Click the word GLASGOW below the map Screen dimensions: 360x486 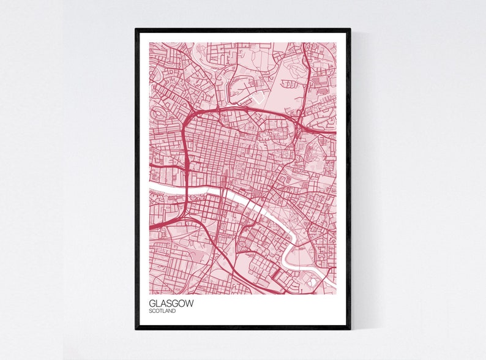click(168, 302)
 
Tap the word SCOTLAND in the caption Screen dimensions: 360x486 click(162, 311)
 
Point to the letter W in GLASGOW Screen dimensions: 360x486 click(184, 302)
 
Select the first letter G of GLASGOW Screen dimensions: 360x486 click(151, 302)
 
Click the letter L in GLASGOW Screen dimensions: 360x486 click(157, 302)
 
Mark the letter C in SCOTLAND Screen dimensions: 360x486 click(154, 311)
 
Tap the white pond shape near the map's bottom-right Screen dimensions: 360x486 click(314, 282)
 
